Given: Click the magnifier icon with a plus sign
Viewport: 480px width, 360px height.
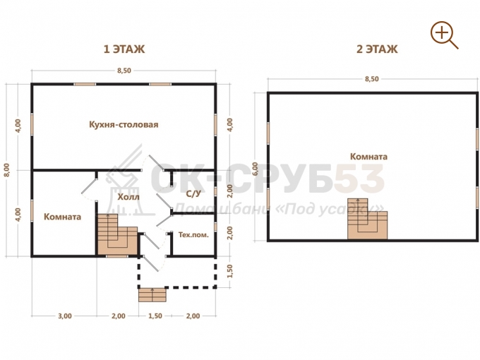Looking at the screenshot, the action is (x=444, y=35).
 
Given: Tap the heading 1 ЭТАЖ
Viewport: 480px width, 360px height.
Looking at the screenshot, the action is (x=124, y=49).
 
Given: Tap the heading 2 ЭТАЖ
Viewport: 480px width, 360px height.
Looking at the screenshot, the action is (x=377, y=49).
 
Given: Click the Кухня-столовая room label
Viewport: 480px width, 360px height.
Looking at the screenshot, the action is (x=124, y=125).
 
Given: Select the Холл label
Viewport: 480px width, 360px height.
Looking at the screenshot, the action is (x=128, y=197).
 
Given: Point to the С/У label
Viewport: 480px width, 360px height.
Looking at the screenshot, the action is (x=193, y=194).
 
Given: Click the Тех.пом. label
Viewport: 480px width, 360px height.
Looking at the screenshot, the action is (x=193, y=235).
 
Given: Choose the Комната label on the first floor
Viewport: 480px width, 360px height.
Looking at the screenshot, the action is (x=62, y=217).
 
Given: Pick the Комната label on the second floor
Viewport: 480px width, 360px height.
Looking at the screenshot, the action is (x=368, y=157).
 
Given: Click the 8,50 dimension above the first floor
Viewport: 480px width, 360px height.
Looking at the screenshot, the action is (x=124, y=71).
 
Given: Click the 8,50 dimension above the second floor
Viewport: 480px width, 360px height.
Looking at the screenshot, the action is (x=371, y=79).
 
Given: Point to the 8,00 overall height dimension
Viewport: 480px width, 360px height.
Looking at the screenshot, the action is (x=7, y=170).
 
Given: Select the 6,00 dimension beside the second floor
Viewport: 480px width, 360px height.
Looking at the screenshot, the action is (x=255, y=169).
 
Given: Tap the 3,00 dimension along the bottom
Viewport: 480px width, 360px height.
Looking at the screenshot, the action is (x=65, y=316).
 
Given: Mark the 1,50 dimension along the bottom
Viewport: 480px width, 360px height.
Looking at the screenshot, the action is (x=155, y=316).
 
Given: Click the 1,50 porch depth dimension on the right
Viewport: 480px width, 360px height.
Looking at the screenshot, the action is (x=230, y=271).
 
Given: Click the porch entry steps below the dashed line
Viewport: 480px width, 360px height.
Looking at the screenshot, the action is (x=152, y=295).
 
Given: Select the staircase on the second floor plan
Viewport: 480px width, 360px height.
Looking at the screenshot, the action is (x=367, y=219).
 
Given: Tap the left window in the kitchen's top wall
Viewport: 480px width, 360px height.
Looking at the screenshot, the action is (x=85, y=84).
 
